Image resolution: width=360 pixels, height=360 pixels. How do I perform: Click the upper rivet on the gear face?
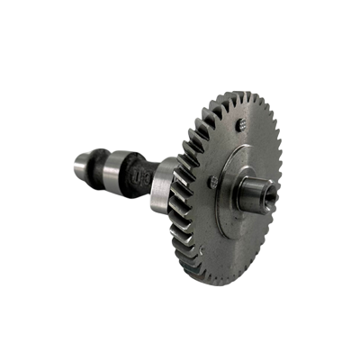240,125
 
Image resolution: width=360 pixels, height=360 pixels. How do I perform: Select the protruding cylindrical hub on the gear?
255,191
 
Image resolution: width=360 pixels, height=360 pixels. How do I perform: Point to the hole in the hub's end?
269,193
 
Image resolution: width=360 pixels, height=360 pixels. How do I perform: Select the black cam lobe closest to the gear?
138,177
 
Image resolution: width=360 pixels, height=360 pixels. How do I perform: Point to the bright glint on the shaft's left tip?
72,164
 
